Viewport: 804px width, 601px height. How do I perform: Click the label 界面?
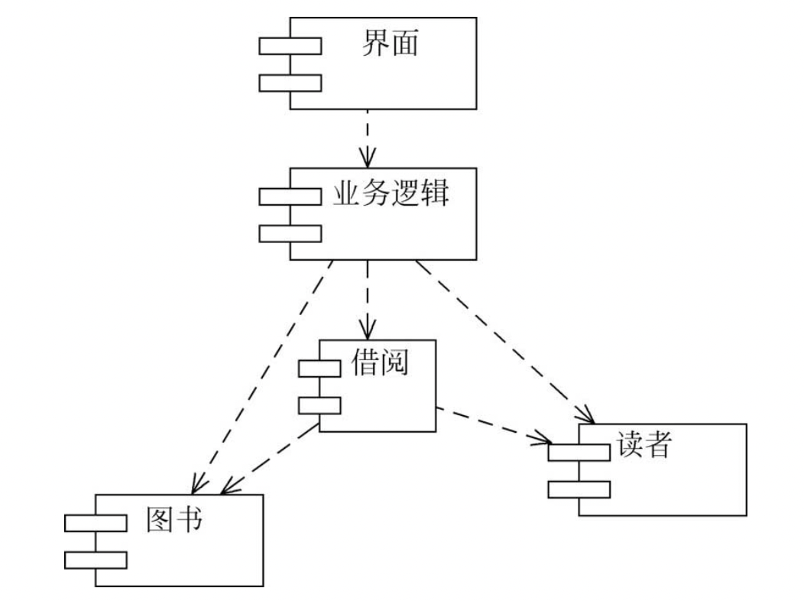click(x=390, y=44)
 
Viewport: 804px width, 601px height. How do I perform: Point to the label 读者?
click(x=642, y=446)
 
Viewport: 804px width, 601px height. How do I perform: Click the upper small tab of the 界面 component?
click(x=290, y=47)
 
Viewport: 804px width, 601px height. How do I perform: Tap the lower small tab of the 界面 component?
click(x=290, y=83)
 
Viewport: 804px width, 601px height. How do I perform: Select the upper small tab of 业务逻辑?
click(x=290, y=197)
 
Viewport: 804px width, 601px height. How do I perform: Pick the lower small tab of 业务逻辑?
click(x=290, y=233)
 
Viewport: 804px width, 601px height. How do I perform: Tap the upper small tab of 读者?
click(x=579, y=452)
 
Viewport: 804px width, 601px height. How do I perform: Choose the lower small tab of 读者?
click(x=579, y=489)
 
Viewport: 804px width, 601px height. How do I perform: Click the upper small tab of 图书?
click(x=96, y=523)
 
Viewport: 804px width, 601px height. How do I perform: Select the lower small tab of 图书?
click(x=96, y=560)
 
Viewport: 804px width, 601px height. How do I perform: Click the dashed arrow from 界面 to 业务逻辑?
click(x=368, y=138)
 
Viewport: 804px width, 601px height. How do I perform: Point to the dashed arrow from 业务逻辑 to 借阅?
click(x=368, y=298)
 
